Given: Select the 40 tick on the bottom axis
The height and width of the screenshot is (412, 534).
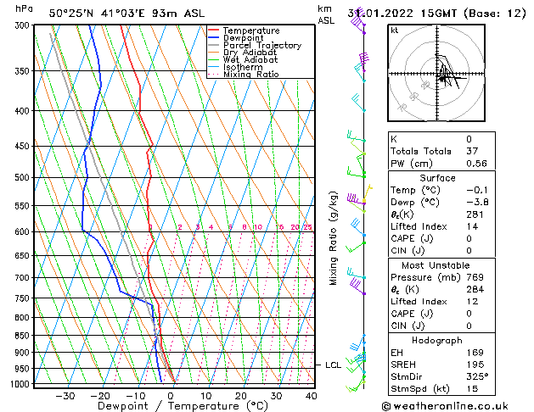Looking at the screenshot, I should click(x=311, y=395).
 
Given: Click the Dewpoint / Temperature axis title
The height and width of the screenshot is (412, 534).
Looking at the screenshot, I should click(x=171, y=406).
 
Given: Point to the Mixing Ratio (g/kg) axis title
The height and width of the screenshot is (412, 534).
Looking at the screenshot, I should click(x=334, y=239).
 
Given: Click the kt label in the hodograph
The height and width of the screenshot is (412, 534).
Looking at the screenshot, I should click(x=395, y=30).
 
